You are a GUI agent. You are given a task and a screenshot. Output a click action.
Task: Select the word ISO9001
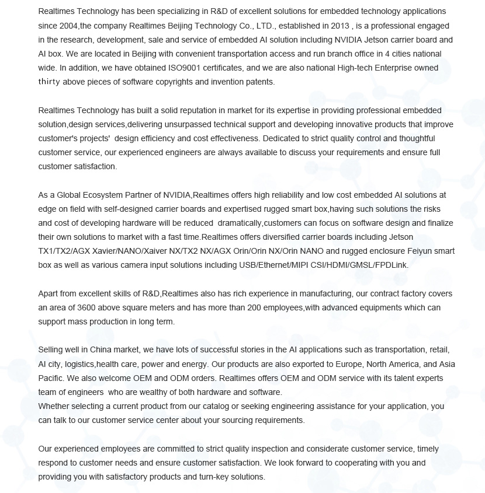click(x=186, y=68)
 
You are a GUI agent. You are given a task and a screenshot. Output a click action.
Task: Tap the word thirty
click(x=49, y=82)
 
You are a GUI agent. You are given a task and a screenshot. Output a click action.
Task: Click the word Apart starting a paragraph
click(x=49, y=293)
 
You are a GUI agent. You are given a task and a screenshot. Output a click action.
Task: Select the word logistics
click(x=79, y=364)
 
